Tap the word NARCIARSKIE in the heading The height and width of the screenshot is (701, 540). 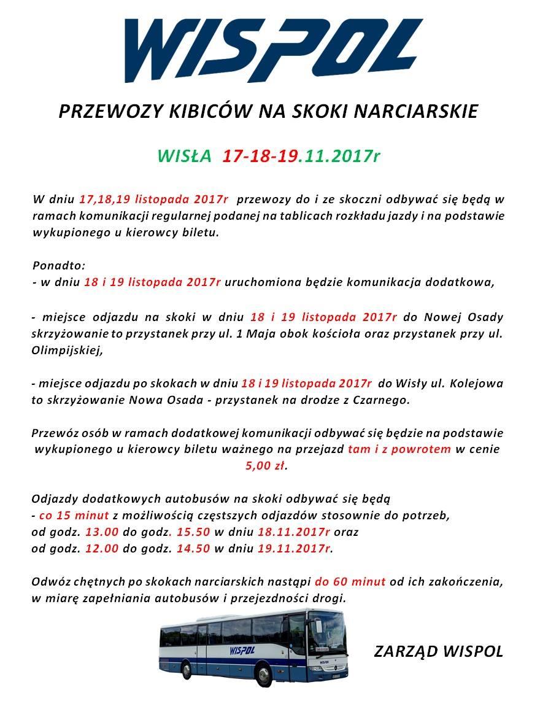tap(426, 112)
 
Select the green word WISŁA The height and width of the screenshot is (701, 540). tap(184, 156)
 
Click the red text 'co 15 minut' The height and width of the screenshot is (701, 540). tap(74, 514)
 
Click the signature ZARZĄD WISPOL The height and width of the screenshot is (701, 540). tap(438, 651)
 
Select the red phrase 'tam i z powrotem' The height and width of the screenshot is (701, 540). tap(399, 449)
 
